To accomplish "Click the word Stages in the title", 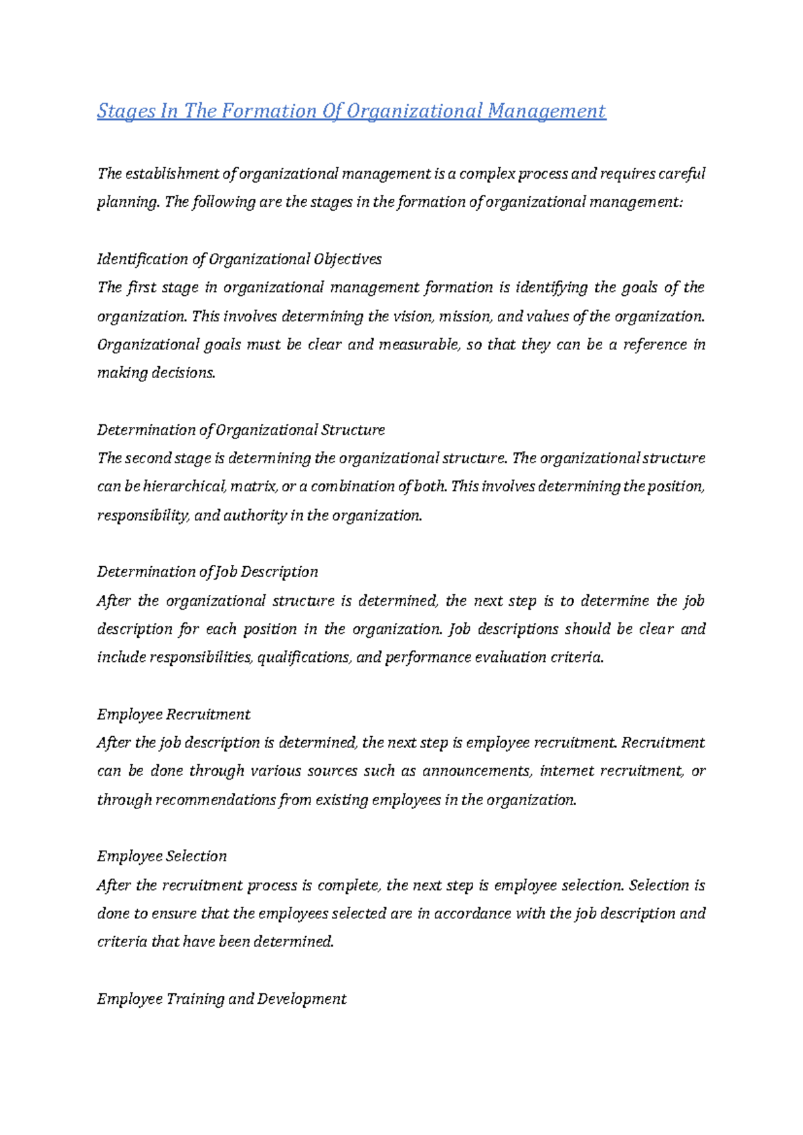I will [x=125, y=111].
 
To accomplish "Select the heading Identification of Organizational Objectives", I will [x=239, y=259].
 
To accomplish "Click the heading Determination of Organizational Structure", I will [x=240, y=430].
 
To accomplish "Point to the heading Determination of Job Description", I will [x=207, y=572].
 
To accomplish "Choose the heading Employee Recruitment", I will [x=173, y=714].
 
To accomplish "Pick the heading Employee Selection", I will [x=161, y=856].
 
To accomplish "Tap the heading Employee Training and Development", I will [x=221, y=998].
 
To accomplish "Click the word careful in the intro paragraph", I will [x=682, y=174].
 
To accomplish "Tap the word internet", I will [x=566, y=771].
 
